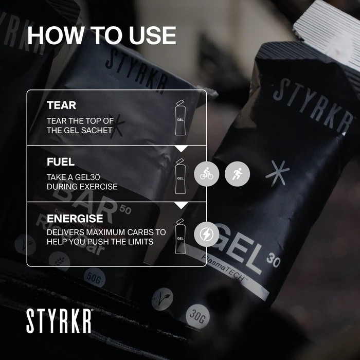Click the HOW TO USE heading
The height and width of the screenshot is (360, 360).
[101, 35]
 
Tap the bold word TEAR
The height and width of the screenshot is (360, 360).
[61, 105]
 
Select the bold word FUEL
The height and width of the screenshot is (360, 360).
[61, 161]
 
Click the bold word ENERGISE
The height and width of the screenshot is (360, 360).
[75, 219]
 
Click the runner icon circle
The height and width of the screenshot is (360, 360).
[237, 175]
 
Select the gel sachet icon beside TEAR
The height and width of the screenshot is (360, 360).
[180, 118]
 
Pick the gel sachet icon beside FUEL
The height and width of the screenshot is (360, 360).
[180, 176]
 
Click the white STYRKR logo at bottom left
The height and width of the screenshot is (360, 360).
[59, 320]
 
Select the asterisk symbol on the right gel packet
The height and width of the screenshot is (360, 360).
[277, 173]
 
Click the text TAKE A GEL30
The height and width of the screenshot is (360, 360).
[75, 176]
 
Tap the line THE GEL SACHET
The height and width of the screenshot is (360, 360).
[79, 130]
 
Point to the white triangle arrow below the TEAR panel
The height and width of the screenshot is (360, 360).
[181, 149]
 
